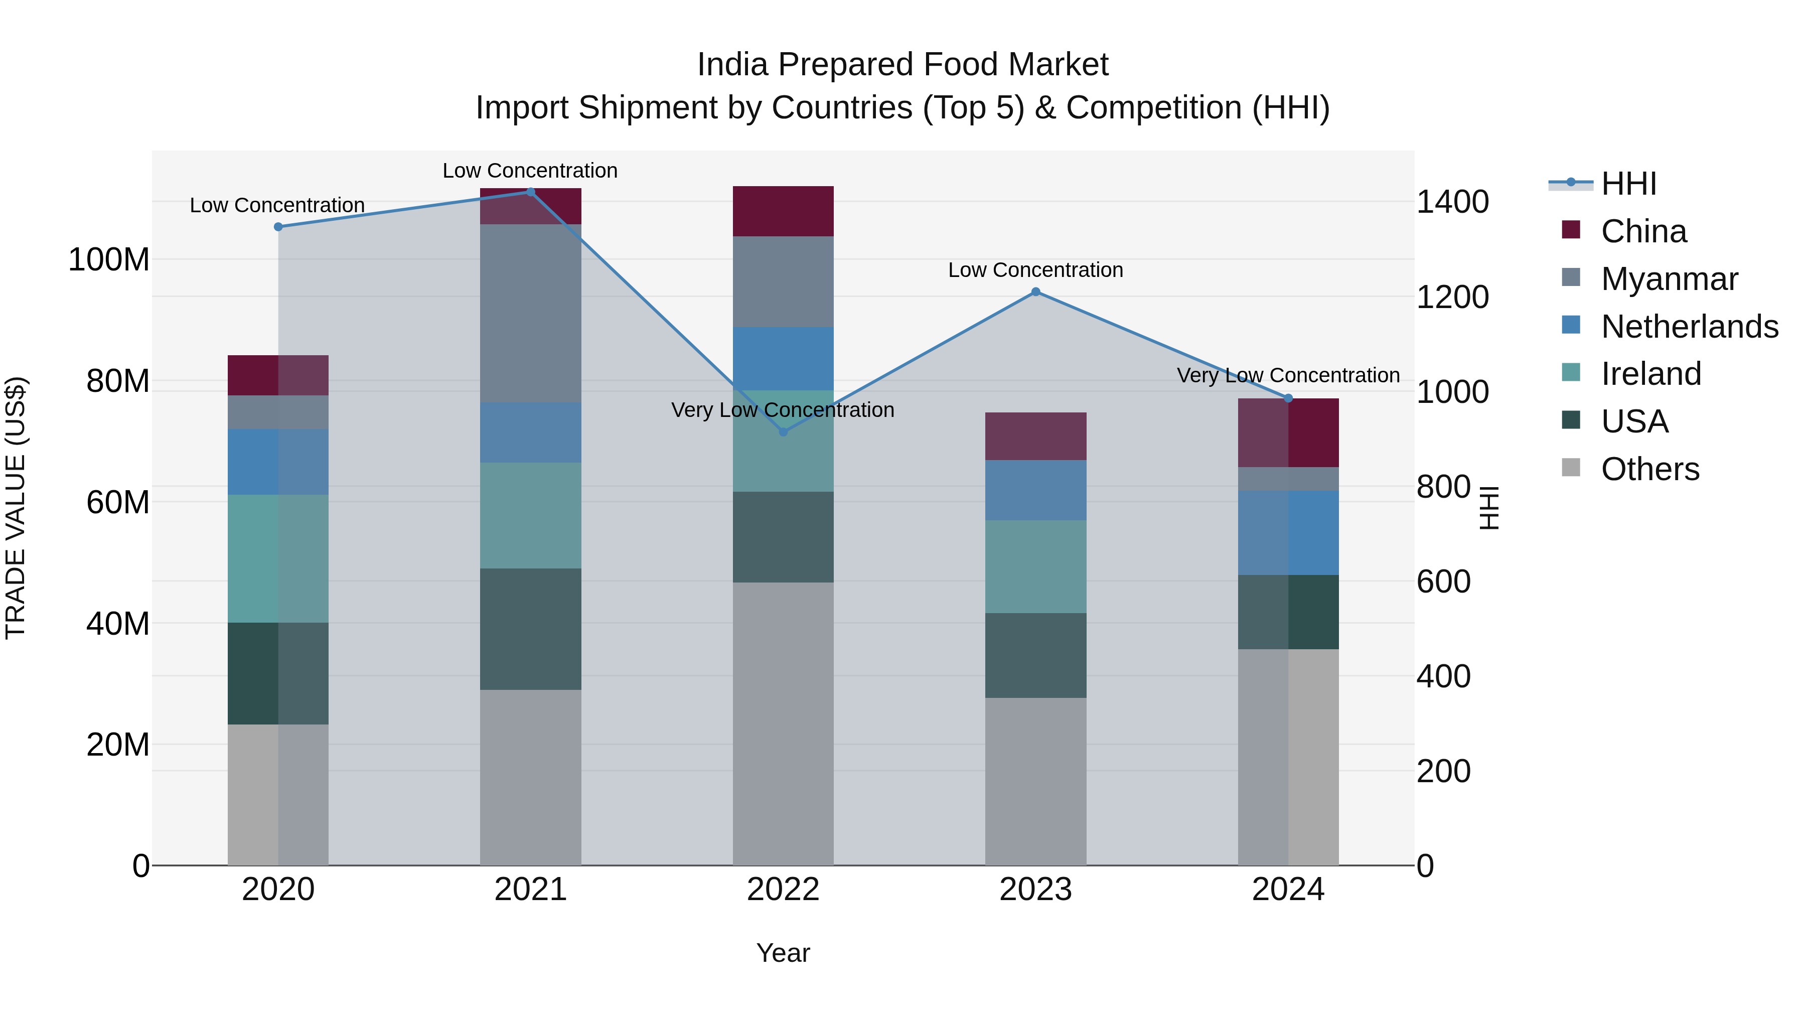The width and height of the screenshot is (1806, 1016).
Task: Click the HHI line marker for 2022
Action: coord(783,432)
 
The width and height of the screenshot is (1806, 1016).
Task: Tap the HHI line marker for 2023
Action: coord(1035,292)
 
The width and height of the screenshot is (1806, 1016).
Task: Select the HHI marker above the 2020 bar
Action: coord(278,226)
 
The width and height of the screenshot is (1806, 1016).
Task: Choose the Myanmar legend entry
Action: coord(1669,279)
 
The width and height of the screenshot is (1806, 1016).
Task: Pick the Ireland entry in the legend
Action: coord(1650,374)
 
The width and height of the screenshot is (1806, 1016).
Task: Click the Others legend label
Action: coord(1650,469)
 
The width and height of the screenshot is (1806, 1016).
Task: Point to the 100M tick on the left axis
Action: coord(109,260)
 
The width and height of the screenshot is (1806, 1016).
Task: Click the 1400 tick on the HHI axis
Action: coord(1453,202)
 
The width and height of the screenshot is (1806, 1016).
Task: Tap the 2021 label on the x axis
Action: coord(530,890)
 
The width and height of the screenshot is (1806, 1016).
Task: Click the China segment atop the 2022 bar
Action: coord(783,211)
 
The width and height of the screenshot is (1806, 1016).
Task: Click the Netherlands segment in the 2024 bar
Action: coord(1288,533)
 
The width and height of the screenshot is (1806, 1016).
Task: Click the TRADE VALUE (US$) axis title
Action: coord(16,508)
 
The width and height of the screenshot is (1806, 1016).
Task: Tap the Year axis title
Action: coord(783,953)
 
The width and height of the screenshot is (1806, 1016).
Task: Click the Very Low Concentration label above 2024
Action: coord(1288,376)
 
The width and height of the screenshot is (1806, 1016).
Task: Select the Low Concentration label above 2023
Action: coord(1035,270)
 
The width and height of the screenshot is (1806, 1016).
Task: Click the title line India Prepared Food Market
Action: coord(902,65)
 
